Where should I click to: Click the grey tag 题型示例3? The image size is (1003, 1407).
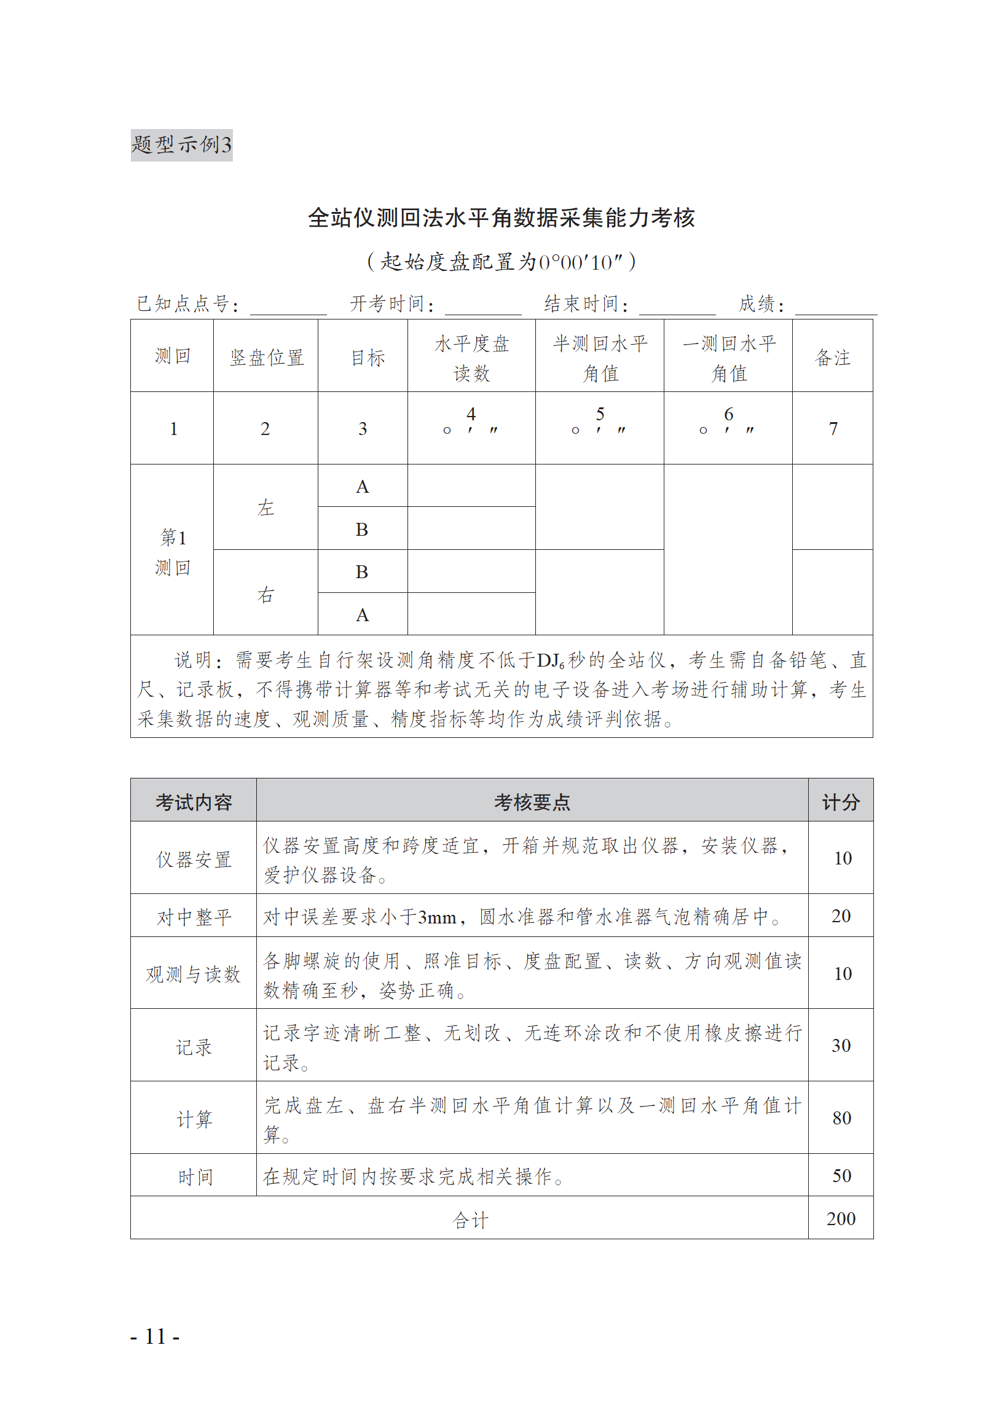tap(181, 145)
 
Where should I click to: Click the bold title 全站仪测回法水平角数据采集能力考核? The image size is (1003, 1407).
tap(501, 218)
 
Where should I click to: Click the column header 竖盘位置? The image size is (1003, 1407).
tap(266, 358)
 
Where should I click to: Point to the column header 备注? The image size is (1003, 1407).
tap(832, 358)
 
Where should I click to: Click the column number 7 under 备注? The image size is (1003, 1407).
tap(833, 428)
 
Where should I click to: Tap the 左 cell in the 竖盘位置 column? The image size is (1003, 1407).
tap(265, 508)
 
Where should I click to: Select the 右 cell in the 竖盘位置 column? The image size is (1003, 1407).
tap(265, 594)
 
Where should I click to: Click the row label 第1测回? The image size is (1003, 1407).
tap(172, 551)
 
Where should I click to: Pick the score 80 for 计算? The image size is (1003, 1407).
tap(841, 1118)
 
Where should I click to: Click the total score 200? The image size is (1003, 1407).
tap(841, 1219)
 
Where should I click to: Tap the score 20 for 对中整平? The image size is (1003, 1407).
tap(841, 916)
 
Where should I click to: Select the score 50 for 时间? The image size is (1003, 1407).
tap(841, 1175)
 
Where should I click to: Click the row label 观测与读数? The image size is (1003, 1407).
tap(194, 974)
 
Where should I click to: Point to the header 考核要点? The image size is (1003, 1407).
tap(532, 802)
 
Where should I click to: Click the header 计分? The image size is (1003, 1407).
tap(841, 802)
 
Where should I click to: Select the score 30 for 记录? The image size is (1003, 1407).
tap(841, 1045)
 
